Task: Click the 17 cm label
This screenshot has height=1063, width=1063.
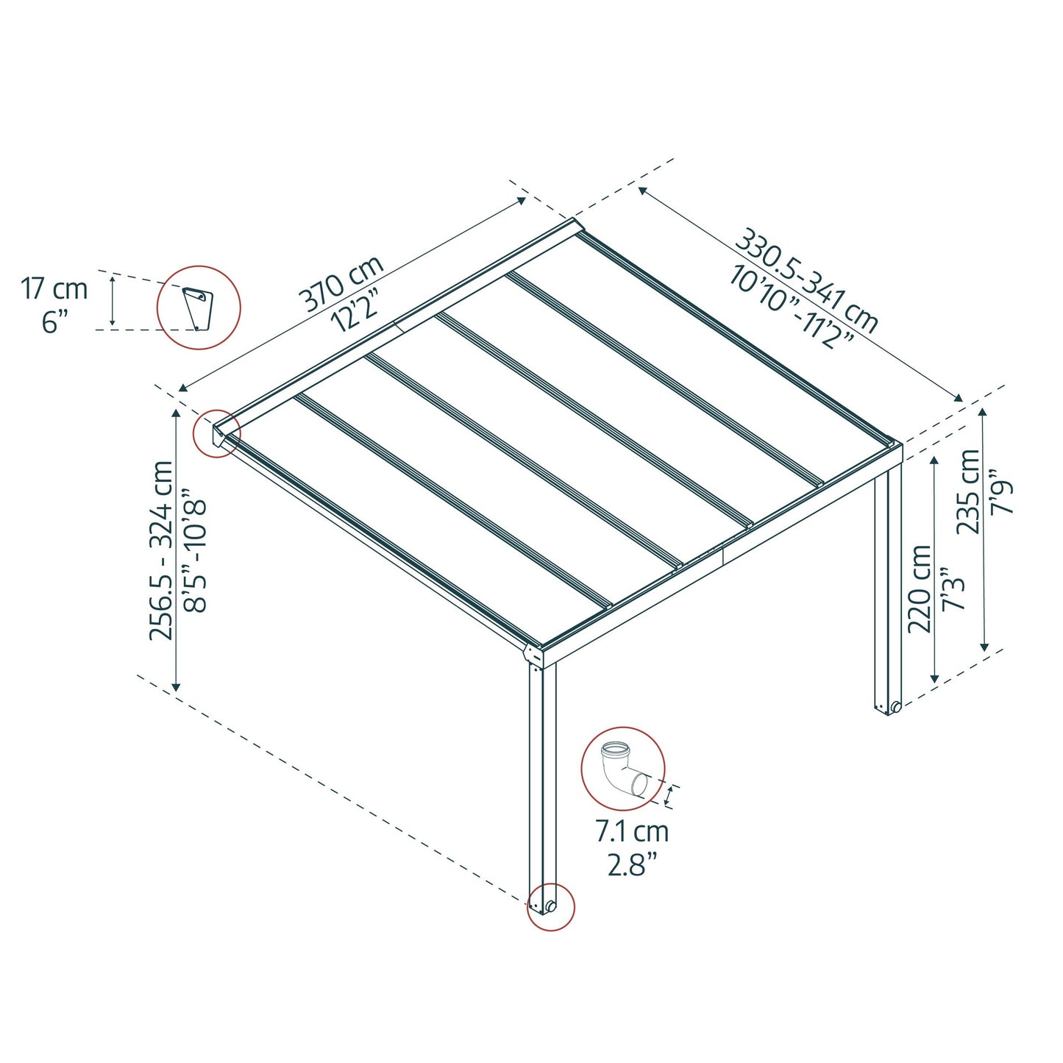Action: (x=54, y=288)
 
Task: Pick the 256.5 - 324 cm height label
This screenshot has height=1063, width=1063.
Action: (x=162, y=550)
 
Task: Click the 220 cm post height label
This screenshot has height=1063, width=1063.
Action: (x=920, y=589)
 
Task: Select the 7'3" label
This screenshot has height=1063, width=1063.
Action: (x=953, y=589)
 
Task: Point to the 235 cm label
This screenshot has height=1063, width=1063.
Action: (x=968, y=491)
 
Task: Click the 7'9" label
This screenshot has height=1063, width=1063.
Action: (x=1002, y=491)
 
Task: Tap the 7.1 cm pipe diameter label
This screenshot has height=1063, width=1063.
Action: (x=632, y=832)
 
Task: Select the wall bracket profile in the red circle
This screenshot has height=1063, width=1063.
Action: (x=198, y=307)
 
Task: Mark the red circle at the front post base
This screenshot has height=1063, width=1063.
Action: (x=551, y=906)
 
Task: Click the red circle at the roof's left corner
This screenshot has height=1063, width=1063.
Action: (x=217, y=433)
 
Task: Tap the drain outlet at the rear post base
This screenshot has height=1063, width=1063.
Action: (x=895, y=708)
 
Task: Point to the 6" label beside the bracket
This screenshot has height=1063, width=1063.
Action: (x=54, y=321)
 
